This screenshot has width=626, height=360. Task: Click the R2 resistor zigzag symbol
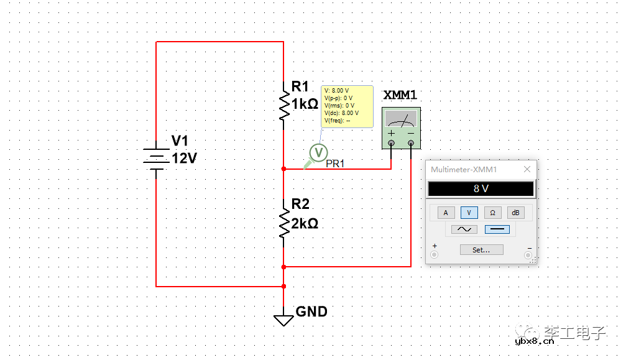(283, 224)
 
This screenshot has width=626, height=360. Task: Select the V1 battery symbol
(156, 159)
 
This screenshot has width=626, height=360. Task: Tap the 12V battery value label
(185, 159)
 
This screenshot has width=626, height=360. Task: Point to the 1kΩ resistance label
(305, 104)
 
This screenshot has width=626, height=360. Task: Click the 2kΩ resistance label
(305, 223)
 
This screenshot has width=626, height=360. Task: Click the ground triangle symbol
(283, 320)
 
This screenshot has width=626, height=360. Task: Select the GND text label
(311, 312)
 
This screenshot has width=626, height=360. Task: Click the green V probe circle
(318, 152)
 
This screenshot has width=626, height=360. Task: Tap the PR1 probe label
(335, 164)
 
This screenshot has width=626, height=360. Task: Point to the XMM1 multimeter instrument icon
(400, 128)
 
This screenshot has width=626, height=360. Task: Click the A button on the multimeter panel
(445, 213)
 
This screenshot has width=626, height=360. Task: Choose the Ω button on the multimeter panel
(492, 213)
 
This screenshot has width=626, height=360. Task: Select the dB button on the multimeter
(515, 213)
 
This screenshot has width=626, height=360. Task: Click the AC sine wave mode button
(464, 229)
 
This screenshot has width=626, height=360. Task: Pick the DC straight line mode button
(497, 229)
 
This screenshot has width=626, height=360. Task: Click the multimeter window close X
(527, 169)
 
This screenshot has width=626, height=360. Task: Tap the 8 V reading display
(481, 189)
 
